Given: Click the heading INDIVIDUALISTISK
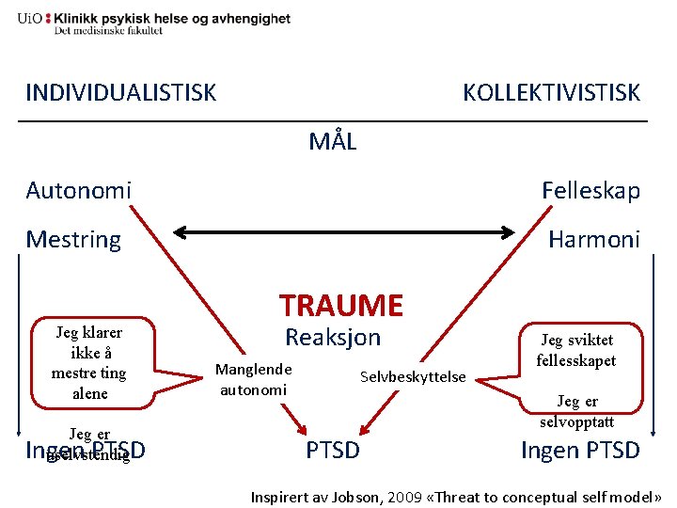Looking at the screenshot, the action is [120, 92].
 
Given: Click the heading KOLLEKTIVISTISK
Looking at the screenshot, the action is [551, 92].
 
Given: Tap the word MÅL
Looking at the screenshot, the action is [333, 142].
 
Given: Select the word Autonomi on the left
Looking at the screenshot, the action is [78, 191].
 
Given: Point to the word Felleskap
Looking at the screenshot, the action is [590, 191].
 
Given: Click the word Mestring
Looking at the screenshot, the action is [73, 239].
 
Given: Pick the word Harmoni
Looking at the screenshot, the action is [594, 239].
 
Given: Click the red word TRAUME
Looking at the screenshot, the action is [341, 305].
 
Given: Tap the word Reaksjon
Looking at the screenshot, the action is [333, 338].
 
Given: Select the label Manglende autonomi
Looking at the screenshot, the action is [254, 378].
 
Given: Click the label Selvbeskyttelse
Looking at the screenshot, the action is [413, 376].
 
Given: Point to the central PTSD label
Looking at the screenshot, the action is [333, 450].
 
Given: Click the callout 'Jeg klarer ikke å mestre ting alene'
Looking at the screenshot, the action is [89, 362].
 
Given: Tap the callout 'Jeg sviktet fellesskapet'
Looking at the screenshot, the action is [576, 350].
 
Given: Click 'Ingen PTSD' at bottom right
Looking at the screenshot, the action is [580, 450].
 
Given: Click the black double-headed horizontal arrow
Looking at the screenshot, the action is [348, 230].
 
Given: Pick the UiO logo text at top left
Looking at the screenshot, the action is [29, 18].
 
